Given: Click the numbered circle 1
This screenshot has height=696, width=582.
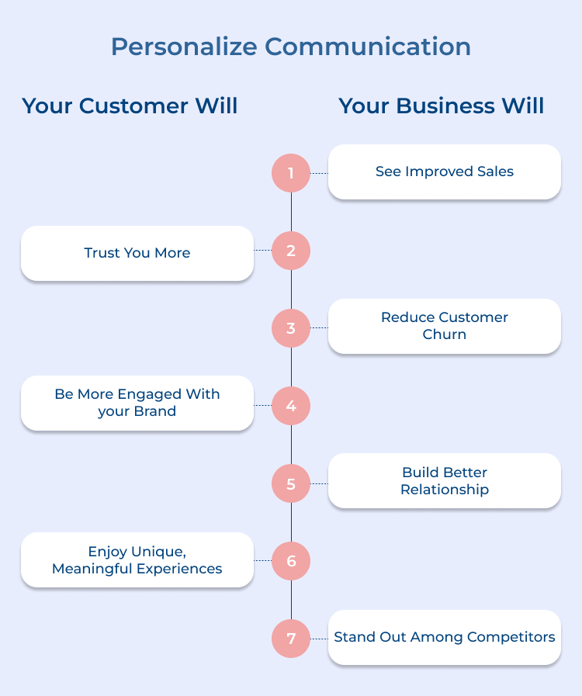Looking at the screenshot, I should click(x=291, y=172).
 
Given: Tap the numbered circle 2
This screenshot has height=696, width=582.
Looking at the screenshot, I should click(x=291, y=251).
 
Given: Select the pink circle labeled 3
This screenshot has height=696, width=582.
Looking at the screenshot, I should click(x=291, y=328).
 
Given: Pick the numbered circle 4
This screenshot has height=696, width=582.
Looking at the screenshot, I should click(x=291, y=406).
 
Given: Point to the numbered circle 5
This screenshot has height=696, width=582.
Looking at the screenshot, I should click(x=291, y=483).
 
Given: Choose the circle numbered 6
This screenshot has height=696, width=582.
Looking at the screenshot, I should click(x=291, y=561).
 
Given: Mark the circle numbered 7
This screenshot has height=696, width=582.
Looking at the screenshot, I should click(x=291, y=639).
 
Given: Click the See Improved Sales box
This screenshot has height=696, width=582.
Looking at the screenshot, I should click(x=444, y=171).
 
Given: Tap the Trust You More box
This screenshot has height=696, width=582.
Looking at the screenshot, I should click(x=137, y=253).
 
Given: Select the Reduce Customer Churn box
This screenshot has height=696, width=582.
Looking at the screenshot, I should click(x=444, y=326).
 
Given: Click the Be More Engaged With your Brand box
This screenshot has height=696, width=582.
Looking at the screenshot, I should click(x=137, y=403).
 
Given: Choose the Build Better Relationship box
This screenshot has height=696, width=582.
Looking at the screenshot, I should click(x=444, y=481).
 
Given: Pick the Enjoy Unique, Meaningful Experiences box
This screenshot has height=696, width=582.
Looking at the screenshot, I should click(x=137, y=559).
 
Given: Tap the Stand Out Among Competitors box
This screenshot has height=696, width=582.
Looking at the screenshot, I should click(x=444, y=637).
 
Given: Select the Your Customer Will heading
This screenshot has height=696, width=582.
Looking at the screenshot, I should click(x=130, y=106).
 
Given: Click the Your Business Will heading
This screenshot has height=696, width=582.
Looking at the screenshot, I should click(x=442, y=106).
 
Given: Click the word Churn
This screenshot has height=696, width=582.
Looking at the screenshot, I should click(x=445, y=334).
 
